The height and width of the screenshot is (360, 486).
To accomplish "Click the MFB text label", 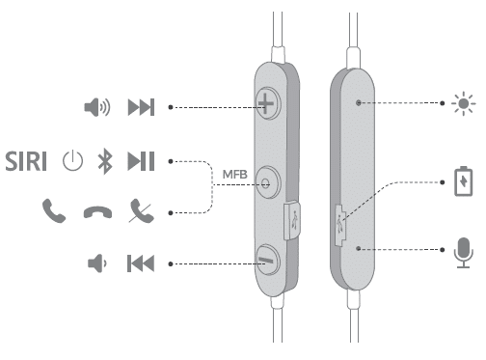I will pyautogui.click(x=237, y=174).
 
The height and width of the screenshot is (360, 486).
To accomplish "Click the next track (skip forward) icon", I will pyautogui.click(x=141, y=106).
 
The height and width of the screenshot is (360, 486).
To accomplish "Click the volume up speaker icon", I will pyautogui.click(x=97, y=106).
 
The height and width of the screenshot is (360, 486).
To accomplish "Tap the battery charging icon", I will pyautogui.click(x=463, y=180).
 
